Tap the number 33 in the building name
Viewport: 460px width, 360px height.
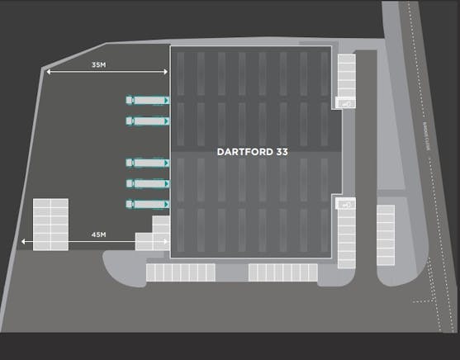coord(282,152)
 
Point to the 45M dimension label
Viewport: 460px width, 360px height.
coord(98,235)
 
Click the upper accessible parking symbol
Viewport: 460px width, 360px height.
coord(346,104)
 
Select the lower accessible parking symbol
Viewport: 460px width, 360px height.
coord(346,203)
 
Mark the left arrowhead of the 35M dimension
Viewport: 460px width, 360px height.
coord(49,73)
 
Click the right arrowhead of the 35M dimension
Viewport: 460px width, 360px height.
coord(166,73)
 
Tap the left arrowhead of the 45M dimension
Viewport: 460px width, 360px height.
coord(22,242)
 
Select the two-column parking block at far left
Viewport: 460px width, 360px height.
coord(50,224)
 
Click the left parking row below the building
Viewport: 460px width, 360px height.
coord(180,272)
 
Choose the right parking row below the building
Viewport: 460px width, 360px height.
coord(282,272)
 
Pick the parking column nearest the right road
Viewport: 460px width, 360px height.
coord(386,234)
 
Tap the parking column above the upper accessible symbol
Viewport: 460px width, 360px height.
coord(346,76)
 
